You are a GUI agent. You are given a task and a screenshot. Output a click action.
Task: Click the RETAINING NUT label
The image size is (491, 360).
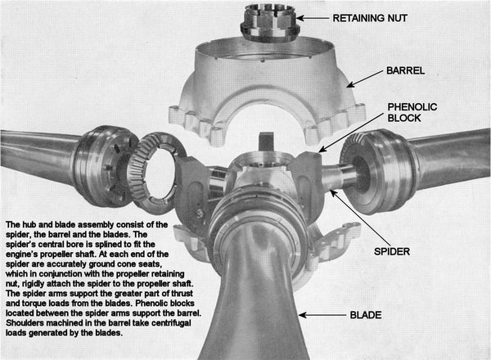point(370,18)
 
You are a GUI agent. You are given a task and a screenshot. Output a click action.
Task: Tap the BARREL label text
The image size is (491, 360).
point(406,70)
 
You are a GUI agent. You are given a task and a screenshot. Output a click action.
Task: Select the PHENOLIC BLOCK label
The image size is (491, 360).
point(412,112)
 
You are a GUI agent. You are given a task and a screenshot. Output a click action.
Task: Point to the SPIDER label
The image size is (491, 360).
point(392,251)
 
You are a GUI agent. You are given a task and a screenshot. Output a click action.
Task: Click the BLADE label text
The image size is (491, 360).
point(366,315)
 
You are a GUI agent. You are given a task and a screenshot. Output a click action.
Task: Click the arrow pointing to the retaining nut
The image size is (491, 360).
point(313,18)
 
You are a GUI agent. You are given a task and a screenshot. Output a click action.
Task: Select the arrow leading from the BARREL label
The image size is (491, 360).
point(364,79)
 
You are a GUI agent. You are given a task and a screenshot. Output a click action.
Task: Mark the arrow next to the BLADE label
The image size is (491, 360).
point(322,315)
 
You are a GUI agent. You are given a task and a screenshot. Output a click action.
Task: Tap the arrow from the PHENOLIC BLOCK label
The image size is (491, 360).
point(351,133)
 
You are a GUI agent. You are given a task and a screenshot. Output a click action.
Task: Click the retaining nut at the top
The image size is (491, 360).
point(269,22)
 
